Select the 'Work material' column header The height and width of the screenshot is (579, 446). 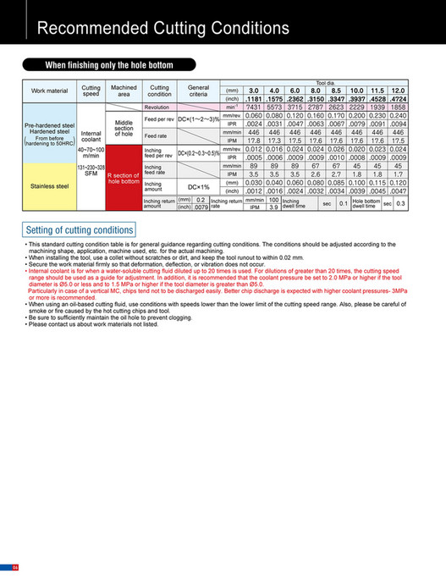click(50, 90)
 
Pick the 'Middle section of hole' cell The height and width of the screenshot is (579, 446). click(124, 128)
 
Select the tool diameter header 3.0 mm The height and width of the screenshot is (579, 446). click(253, 89)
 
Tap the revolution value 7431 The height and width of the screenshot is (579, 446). click(253, 107)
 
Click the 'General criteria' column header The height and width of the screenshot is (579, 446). click(198, 90)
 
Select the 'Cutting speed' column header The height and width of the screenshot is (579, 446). click(91, 90)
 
